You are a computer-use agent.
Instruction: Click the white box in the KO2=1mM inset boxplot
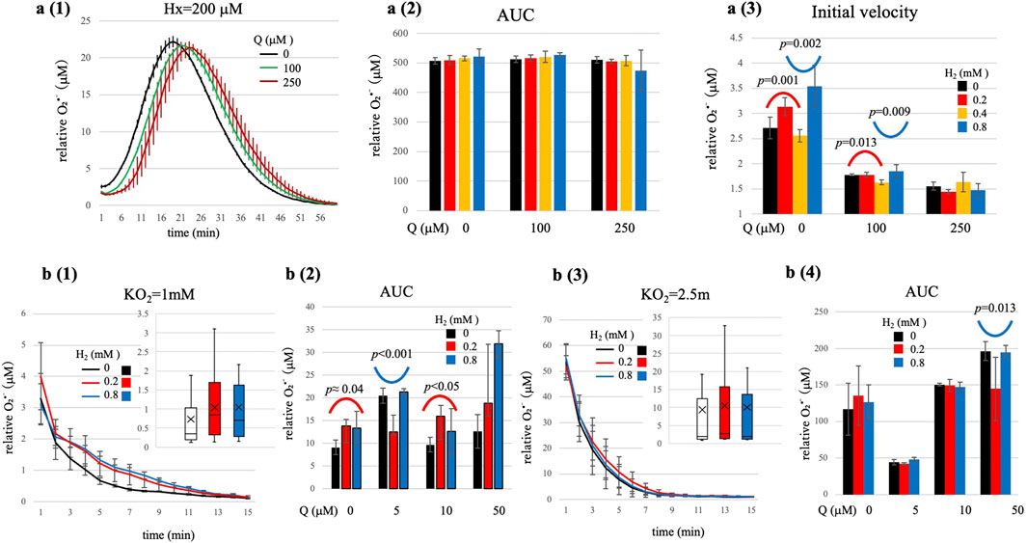pyautogui.click(x=190, y=421)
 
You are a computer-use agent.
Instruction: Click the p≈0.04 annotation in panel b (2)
pyautogui.click(x=351, y=394)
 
